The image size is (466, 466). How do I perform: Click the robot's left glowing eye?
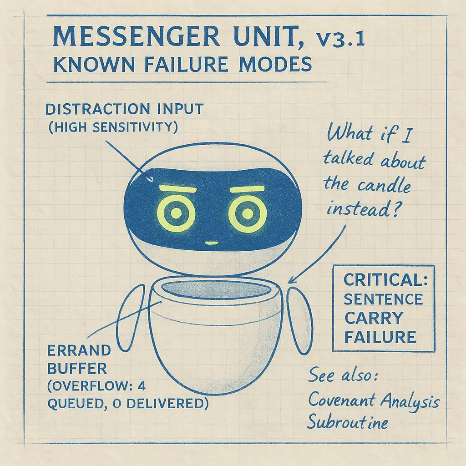(176, 213)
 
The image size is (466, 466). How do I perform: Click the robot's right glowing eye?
(247, 213)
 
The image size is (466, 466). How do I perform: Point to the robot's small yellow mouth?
(211, 243)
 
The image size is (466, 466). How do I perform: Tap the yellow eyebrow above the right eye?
(247, 189)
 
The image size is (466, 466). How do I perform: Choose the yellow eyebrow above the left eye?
(178, 189)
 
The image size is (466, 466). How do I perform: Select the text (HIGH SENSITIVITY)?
(113, 127)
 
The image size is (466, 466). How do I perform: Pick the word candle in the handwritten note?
(385, 186)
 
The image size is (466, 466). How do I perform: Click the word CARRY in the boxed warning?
(374, 318)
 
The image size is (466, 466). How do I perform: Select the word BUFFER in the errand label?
(77, 369)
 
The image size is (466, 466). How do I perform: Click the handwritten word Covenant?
(342, 400)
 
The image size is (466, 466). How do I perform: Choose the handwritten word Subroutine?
(347, 422)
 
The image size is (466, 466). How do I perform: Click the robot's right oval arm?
(300, 321)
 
